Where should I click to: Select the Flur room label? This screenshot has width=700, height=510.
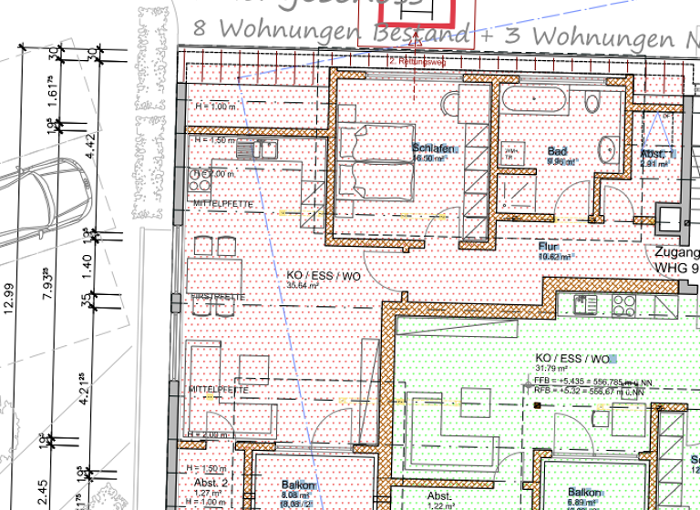click(x=548, y=245)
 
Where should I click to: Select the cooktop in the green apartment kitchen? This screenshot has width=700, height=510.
click(x=623, y=303)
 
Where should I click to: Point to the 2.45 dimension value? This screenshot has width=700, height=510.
click(x=42, y=492)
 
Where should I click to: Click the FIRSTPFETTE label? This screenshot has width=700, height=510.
click(x=216, y=298)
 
